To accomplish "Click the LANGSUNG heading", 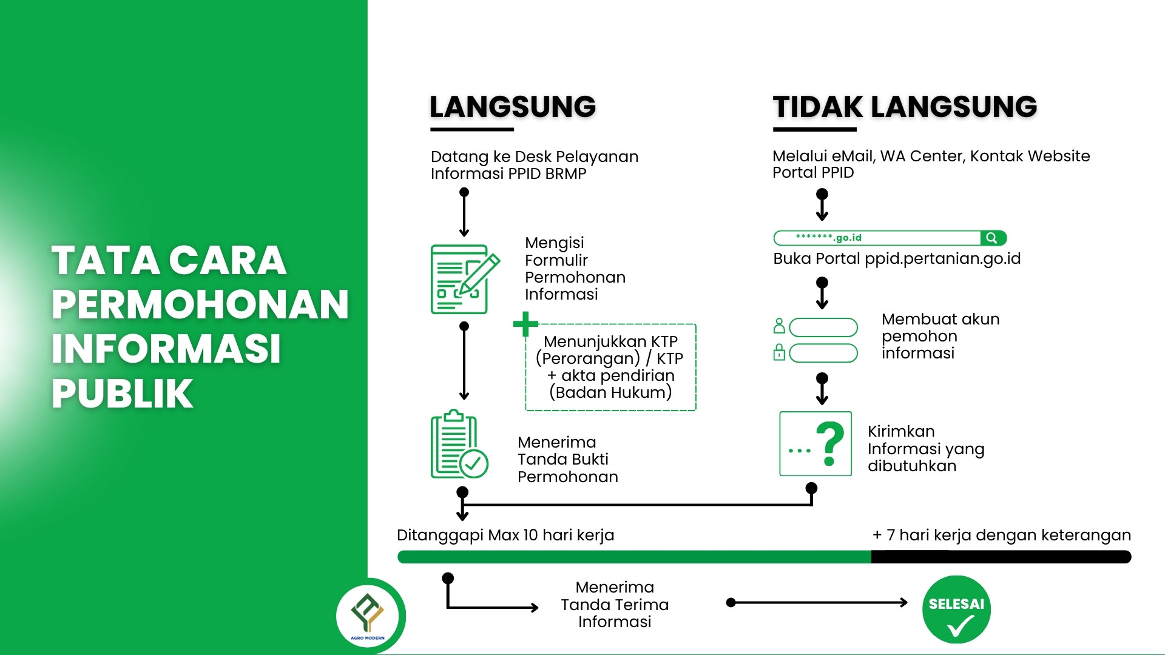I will tap(513, 107).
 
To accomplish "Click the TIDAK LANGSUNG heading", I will tap(905, 107).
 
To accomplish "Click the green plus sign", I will tap(525, 324).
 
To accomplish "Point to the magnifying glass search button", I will tap(992, 238).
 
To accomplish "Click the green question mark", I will tap(830, 443).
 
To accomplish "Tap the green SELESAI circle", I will tap(956, 609).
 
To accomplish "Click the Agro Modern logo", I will tap(368, 616).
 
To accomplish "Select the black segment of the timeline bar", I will tap(1001, 557).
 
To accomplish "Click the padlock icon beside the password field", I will tap(780, 352).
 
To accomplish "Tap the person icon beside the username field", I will tap(780, 326).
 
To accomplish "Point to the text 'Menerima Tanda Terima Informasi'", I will tap(615, 604).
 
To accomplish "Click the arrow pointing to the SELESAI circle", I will tap(819, 602).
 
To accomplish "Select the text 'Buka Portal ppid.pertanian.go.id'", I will tap(896, 259).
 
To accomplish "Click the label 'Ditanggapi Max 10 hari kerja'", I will tap(505, 535).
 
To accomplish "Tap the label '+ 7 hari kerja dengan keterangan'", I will tap(1002, 535).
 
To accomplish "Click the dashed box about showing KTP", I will tap(610, 368).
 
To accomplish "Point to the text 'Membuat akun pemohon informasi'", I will tap(940, 336).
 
